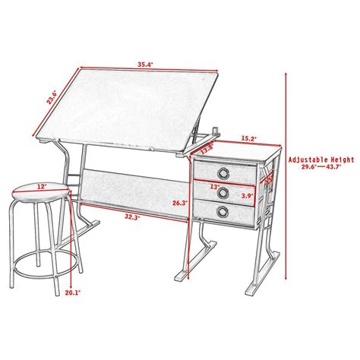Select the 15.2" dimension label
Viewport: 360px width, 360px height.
pyautogui.click(x=248, y=139)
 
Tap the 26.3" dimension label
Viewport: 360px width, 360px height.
pyautogui.click(x=180, y=203)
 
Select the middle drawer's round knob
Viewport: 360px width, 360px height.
pyautogui.click(x=223, y=190)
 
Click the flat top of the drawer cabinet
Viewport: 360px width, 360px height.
pyautogui.click(x=235, y=153)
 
